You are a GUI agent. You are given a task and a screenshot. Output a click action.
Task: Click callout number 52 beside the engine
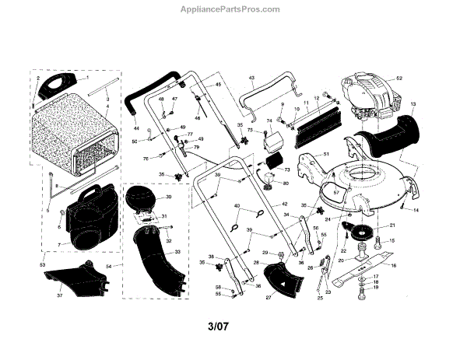point(399,79)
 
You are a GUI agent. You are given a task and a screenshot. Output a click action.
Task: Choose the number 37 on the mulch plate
point(58,295)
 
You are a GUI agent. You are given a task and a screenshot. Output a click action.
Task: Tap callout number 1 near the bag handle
point(87,79)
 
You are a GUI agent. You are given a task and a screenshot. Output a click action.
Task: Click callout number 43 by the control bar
point(251,79)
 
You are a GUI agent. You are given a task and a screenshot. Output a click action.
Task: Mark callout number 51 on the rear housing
point(327,156)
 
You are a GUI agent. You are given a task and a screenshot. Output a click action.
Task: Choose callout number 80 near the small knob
point(286,183)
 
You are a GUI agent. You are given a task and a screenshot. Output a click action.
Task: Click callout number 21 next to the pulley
point(392,225)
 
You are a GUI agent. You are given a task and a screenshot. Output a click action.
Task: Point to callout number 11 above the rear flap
point(307,103)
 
